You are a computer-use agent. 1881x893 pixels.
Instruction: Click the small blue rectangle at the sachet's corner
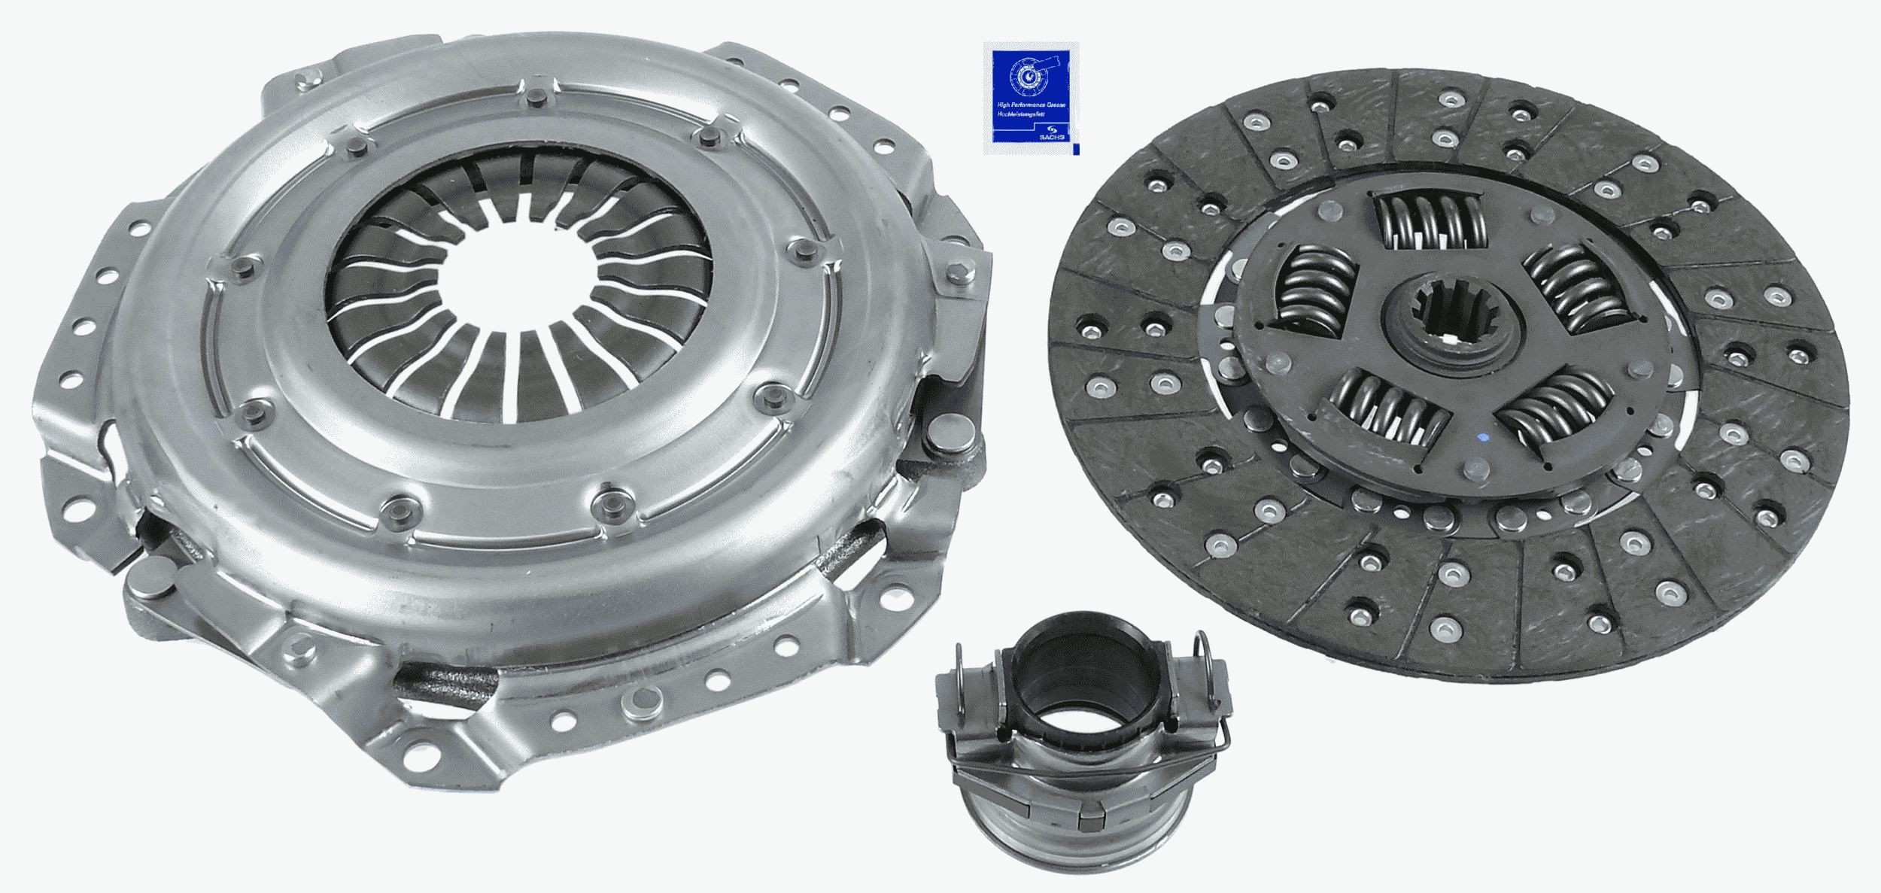(1076, 150)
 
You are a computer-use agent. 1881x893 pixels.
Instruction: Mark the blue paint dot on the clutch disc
(1481, 438)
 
